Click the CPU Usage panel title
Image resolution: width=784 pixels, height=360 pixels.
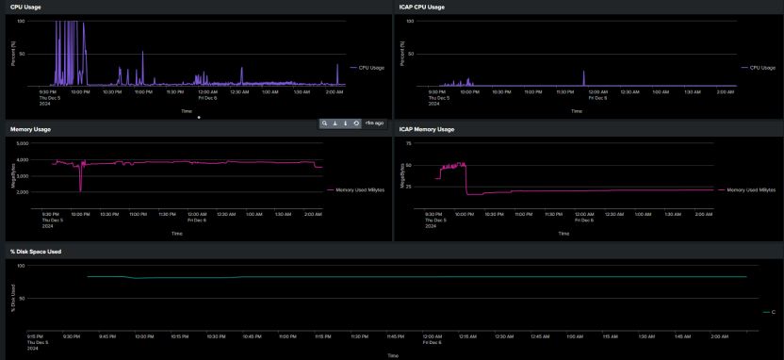click(x=24, y=7)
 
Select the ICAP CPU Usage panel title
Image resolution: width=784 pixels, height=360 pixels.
click(x=421, y=7)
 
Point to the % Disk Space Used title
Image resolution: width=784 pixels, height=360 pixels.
click(x=35, y=252)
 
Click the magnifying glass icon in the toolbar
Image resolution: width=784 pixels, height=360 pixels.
click(x=325, y=123)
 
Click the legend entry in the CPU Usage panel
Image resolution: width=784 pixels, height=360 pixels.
click(x=369, y=68)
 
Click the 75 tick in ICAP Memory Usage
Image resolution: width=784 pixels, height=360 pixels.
click(x=408, y=143)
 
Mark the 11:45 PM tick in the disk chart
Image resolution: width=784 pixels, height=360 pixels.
click(x=395, y=335)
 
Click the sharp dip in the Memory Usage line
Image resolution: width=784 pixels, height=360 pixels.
click(x=81, y=188)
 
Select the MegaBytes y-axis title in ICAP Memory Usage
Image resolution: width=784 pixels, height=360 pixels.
click(x=403, y=176)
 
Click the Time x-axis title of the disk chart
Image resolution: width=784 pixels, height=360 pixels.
click(x=391, y=355)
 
